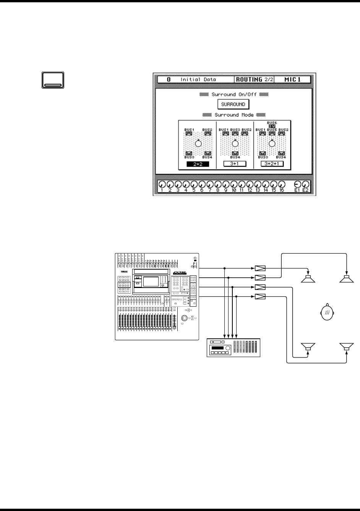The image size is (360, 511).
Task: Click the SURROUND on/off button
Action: coord(233,104)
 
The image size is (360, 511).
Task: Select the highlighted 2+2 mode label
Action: coord(197,164)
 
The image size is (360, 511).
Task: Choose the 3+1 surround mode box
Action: coord(235,164)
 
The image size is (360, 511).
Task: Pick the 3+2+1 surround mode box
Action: coord(272,164)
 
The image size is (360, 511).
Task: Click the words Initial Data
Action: coord(198,80)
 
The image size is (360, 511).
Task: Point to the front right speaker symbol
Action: coord(347,279)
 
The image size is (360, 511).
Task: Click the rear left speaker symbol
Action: coord(308,347)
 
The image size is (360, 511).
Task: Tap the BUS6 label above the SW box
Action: coord(272,123)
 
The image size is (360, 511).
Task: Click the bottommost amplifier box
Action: coord(260,297)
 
